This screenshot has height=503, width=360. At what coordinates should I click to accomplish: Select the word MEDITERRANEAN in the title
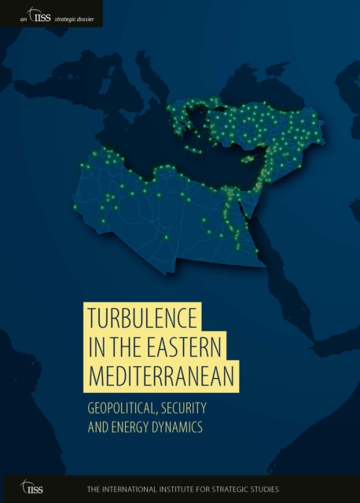[161, 376]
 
